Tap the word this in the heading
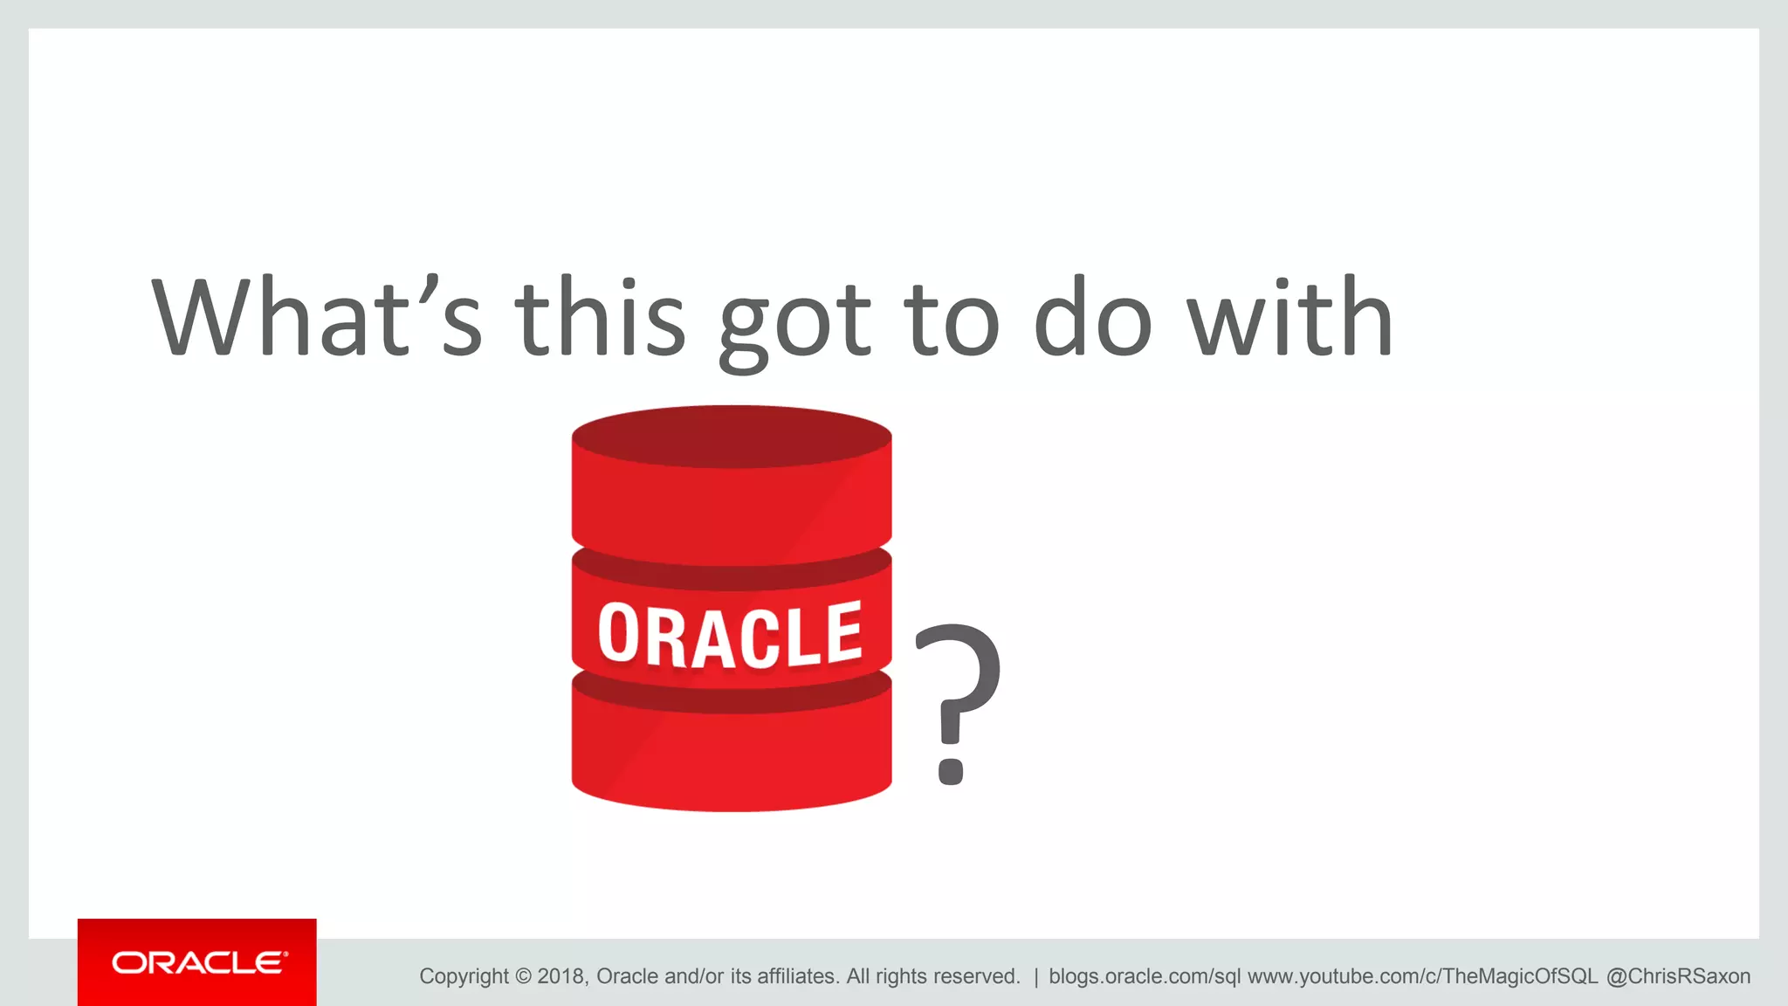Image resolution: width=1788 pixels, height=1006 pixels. click(x=600, y=318)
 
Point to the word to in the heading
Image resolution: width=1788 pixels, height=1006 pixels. click(x=951, y=320)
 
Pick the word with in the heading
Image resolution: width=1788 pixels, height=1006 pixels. click(x=1289, y=318)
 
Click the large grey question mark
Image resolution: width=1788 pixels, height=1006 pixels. click(x=956, y=703)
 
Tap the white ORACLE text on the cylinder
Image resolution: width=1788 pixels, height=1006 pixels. click(x=730, y=635)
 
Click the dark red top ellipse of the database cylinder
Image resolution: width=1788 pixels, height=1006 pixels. click(x=732, y=436)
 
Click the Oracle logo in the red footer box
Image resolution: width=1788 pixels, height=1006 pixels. click(x=198, y=963)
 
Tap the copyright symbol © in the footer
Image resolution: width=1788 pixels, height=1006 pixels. click(x=523, y=976)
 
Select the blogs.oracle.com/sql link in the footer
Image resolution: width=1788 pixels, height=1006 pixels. click(x=1144, y=976)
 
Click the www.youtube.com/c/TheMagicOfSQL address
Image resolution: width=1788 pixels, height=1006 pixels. click(x=1422, y=976)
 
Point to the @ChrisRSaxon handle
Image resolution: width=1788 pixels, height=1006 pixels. click(x=1678, y=976)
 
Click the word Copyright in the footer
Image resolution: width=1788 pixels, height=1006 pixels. click(x=464, y=976)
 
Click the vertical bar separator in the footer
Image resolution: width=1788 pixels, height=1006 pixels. click(x=1035, y=976)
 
